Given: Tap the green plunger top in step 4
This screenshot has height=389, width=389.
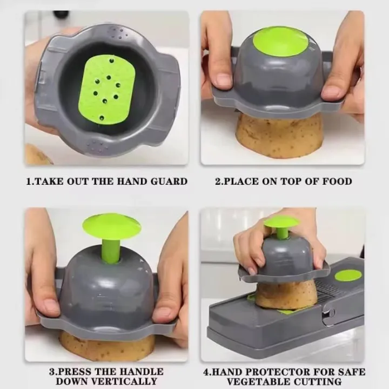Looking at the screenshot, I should pos(281,222).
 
